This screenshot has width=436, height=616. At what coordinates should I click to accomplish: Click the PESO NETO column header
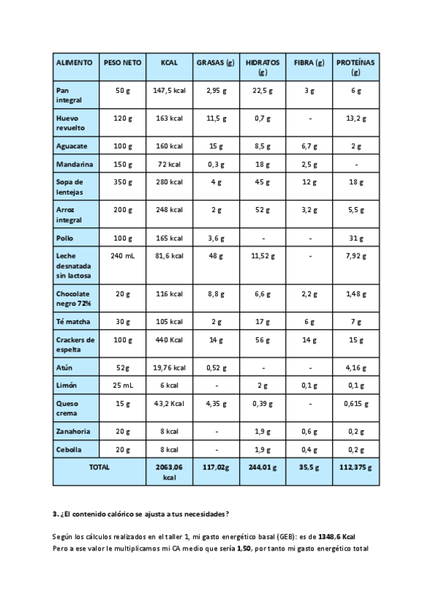pyautogui.click(x=122, y=63)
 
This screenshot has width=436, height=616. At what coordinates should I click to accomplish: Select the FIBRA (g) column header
pyautogui.click(x=309, y=63)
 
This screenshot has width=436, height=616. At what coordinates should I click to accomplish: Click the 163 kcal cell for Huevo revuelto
pyautogui.click(x=169, y=118)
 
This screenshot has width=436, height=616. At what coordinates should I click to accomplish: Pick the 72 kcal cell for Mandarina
pyautogui.click(x=169, y=164)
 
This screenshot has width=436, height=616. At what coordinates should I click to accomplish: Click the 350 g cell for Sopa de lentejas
pyautogui.click(x=122, y=182)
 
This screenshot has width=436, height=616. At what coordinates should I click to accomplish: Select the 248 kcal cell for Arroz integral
pyautogui.click(x=169, y=210)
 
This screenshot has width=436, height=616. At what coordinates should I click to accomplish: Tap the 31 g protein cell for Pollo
pyautogui.click(x=356, y=238)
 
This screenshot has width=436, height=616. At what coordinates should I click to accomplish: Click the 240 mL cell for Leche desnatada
pyautogui.click(x=122, y=256)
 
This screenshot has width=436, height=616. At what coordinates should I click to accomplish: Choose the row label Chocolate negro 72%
pyautogui.click(x=73, y=299)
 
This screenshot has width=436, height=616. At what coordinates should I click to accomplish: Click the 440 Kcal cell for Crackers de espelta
pyautogui.click(x=169, y=340)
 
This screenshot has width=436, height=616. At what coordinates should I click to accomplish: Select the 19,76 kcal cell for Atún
pyautogui.click(x=169, y=368)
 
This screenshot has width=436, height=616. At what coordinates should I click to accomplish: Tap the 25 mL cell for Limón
pyautogui.click(x=122, y=386)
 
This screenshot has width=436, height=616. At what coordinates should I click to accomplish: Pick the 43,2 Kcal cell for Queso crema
pyautogui.click(x=169, y=404)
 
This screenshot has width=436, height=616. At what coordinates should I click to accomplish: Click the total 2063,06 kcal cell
pyautogui.click(x=169, y=473)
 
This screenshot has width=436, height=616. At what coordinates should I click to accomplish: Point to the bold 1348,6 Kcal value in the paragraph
pyautogui.click(x=336, y=536)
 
